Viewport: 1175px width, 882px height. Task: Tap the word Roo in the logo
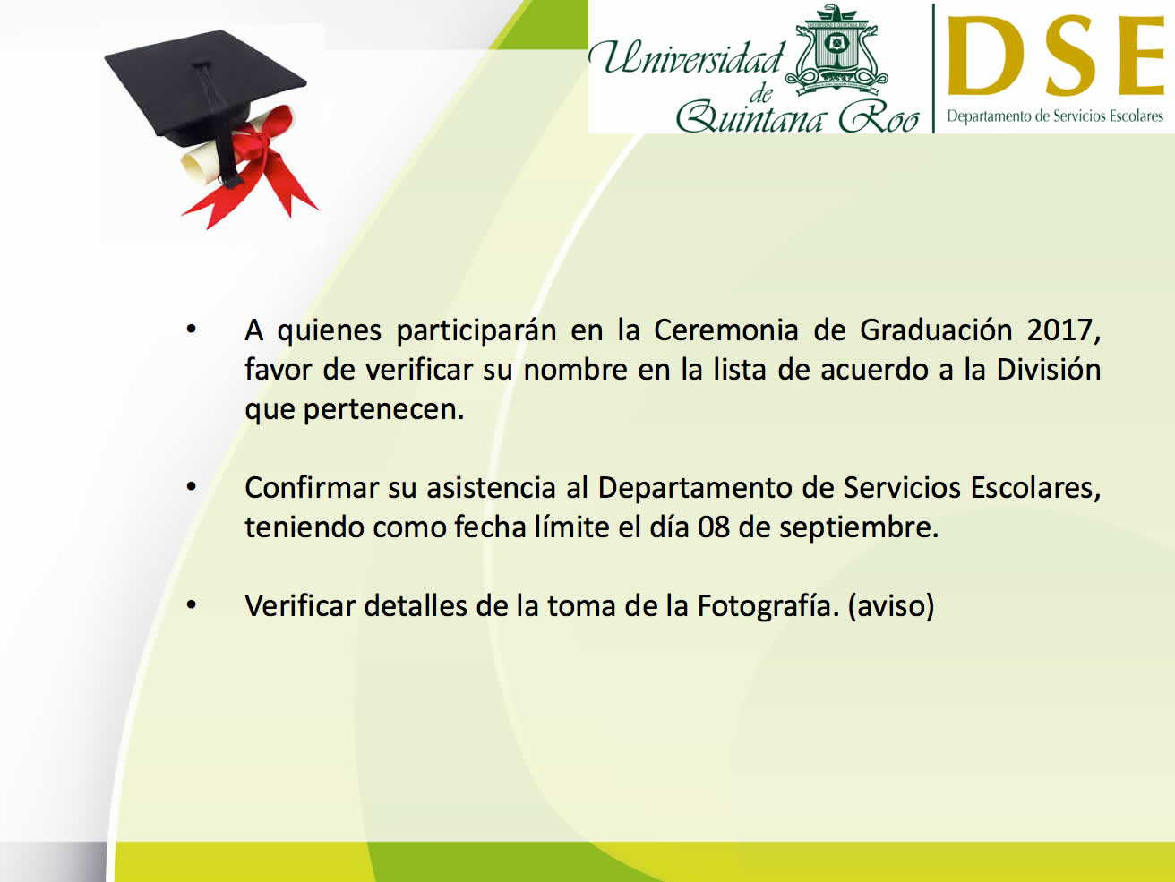[x=879, y=117]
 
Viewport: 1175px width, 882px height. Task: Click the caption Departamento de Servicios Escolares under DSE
[x=1055, y=116]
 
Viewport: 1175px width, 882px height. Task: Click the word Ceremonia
[x=726, y=330]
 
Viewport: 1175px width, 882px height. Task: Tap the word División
[x=1048, y=369]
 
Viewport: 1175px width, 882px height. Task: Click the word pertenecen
[x=383, y=410]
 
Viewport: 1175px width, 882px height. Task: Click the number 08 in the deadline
[x=714, y=527]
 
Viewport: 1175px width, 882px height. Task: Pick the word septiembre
[x=859, y=528]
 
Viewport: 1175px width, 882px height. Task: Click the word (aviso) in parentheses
[x=891, y=606]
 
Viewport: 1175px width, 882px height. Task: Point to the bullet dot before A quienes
[x=191, y=330]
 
